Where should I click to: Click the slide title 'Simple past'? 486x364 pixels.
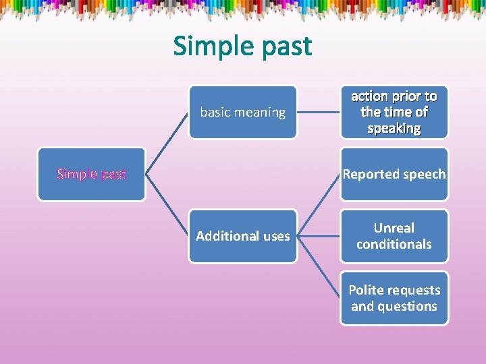point(242,46)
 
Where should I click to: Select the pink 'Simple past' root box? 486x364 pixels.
point(91,174)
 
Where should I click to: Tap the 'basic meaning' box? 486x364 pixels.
point(242,112)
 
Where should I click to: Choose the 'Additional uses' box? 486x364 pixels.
point(242,236)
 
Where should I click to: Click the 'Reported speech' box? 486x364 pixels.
point(394,174)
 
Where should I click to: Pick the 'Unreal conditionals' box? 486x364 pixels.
point(394,236)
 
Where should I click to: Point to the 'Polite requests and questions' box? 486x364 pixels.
point(394,298)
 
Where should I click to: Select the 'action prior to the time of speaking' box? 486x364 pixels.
point(394,112)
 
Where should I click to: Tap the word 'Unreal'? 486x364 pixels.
point(394,228)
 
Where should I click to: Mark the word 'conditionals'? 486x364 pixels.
point(394,244)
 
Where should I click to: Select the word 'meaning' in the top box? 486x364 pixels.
point(259,112)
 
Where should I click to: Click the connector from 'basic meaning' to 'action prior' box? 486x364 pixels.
point(318,112)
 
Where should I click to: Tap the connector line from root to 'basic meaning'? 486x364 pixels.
point(167,143)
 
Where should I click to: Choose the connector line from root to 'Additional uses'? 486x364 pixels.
point(167,205)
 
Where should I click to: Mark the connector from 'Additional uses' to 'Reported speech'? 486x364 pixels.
point(318,205)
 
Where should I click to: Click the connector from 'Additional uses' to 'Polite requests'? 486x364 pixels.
point(318,267)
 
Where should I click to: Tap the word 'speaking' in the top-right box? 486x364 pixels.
point(394,128)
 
